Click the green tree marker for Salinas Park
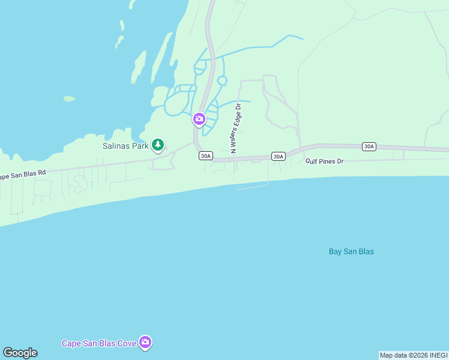pos(158,145)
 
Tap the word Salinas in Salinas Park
pos(116,145)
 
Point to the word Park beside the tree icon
pos(140,145)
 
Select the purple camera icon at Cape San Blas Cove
pos(145,343)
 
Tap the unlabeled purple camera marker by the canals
pos(199,119)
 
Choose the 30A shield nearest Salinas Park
pos(205,156)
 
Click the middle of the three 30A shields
pos(277,156)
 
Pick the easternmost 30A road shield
pos(369,146)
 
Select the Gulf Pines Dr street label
pos(324,161)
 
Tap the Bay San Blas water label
pos(351,251)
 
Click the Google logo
pos(20,353)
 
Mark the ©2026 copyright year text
pos(414,355)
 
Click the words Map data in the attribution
pos(391,355)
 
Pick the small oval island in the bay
pos(69,98)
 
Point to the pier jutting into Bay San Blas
pos(252,188)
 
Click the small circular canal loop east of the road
pos(221,80)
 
